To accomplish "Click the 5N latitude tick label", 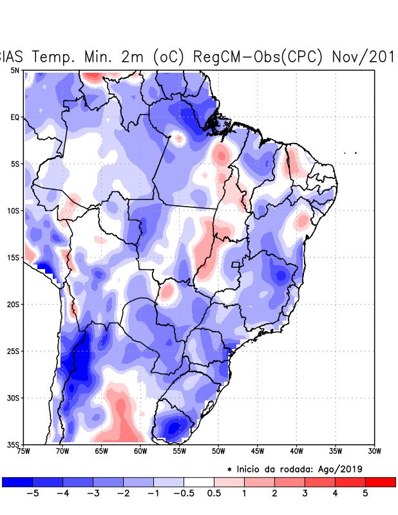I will (x=15, y=70).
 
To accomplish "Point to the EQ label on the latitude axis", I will (x=15, y=117).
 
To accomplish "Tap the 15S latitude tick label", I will (x=14, y=257).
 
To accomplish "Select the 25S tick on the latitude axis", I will (x=14, y=351).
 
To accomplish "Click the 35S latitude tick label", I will (x=14, y=444).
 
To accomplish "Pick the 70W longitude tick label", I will (x=62, y=451).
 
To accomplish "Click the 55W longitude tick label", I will (x=179, y=451).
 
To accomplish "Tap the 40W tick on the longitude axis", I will (x=296, y=451).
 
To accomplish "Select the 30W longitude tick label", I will (x=374, y=451).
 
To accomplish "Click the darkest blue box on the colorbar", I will (x=17, y=482).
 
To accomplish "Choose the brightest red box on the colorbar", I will (x=380, y=482).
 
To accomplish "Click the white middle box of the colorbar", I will (x=199, y=482).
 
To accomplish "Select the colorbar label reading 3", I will (x=305, y=494).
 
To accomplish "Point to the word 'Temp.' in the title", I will (x=55, y=57).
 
